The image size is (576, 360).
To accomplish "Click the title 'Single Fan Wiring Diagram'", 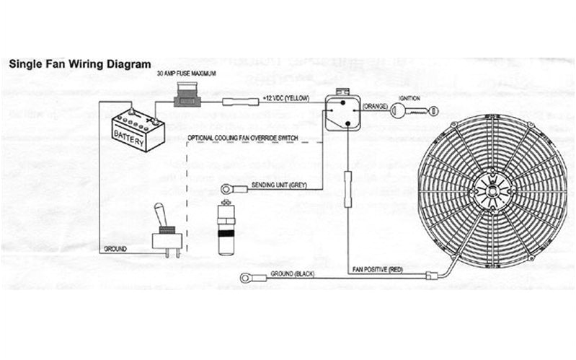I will (x=79, y=64).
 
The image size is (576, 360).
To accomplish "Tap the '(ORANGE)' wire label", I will (x=375, y=107).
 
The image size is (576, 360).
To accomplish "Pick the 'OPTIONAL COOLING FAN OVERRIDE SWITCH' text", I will (x=239, y=137).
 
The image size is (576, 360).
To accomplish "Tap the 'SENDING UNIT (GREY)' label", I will (x=279, y=185).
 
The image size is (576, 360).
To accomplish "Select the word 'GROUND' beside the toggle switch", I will (x=115, y=248).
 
